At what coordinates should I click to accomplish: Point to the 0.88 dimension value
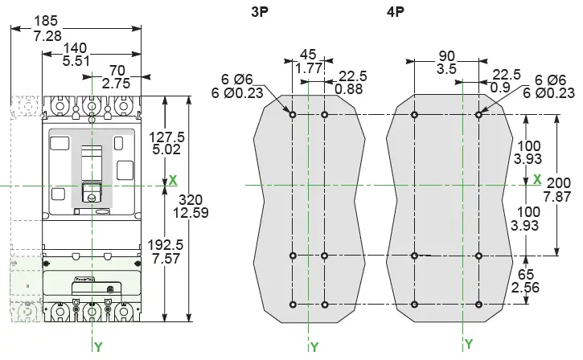click(x=348, y=89)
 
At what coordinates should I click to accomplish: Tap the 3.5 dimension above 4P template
click(x=447, y=70)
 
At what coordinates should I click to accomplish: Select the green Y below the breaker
click(x=98, y=347)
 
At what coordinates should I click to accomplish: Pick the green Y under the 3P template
click(x=314, y=347)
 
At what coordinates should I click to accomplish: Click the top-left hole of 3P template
click(x=293, y=115)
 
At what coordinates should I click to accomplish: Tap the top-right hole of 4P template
click(x=478, y=115)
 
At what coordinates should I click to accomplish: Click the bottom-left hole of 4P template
click(x=414, y=304)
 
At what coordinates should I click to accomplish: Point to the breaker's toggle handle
click(x=92, y=190)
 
